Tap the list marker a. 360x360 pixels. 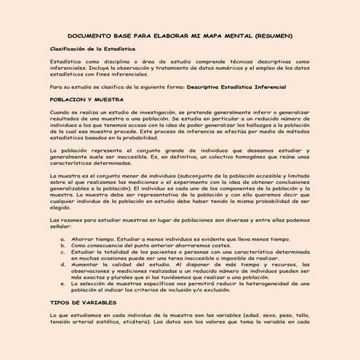(x=63, y=238)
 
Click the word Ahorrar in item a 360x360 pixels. (x=82, y=238)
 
